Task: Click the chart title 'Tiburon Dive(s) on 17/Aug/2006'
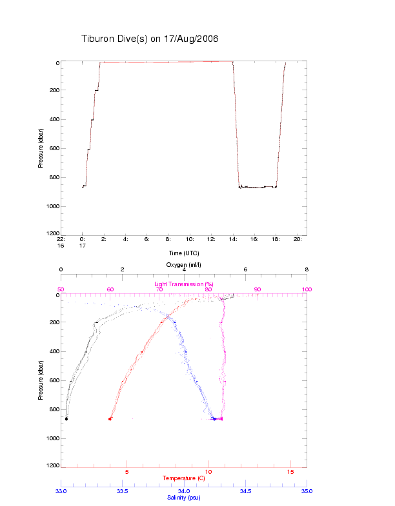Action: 150,39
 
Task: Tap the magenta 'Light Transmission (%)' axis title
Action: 184,284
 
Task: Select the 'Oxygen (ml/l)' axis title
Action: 184,264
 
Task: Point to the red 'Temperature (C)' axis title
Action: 184,478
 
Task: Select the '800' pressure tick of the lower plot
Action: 53,409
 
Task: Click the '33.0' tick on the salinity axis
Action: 61,491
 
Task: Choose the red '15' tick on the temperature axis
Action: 290,471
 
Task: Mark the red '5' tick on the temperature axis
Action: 127,471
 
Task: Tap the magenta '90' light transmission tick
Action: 258,290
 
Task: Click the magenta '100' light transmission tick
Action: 307,290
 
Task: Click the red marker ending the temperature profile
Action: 110,419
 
